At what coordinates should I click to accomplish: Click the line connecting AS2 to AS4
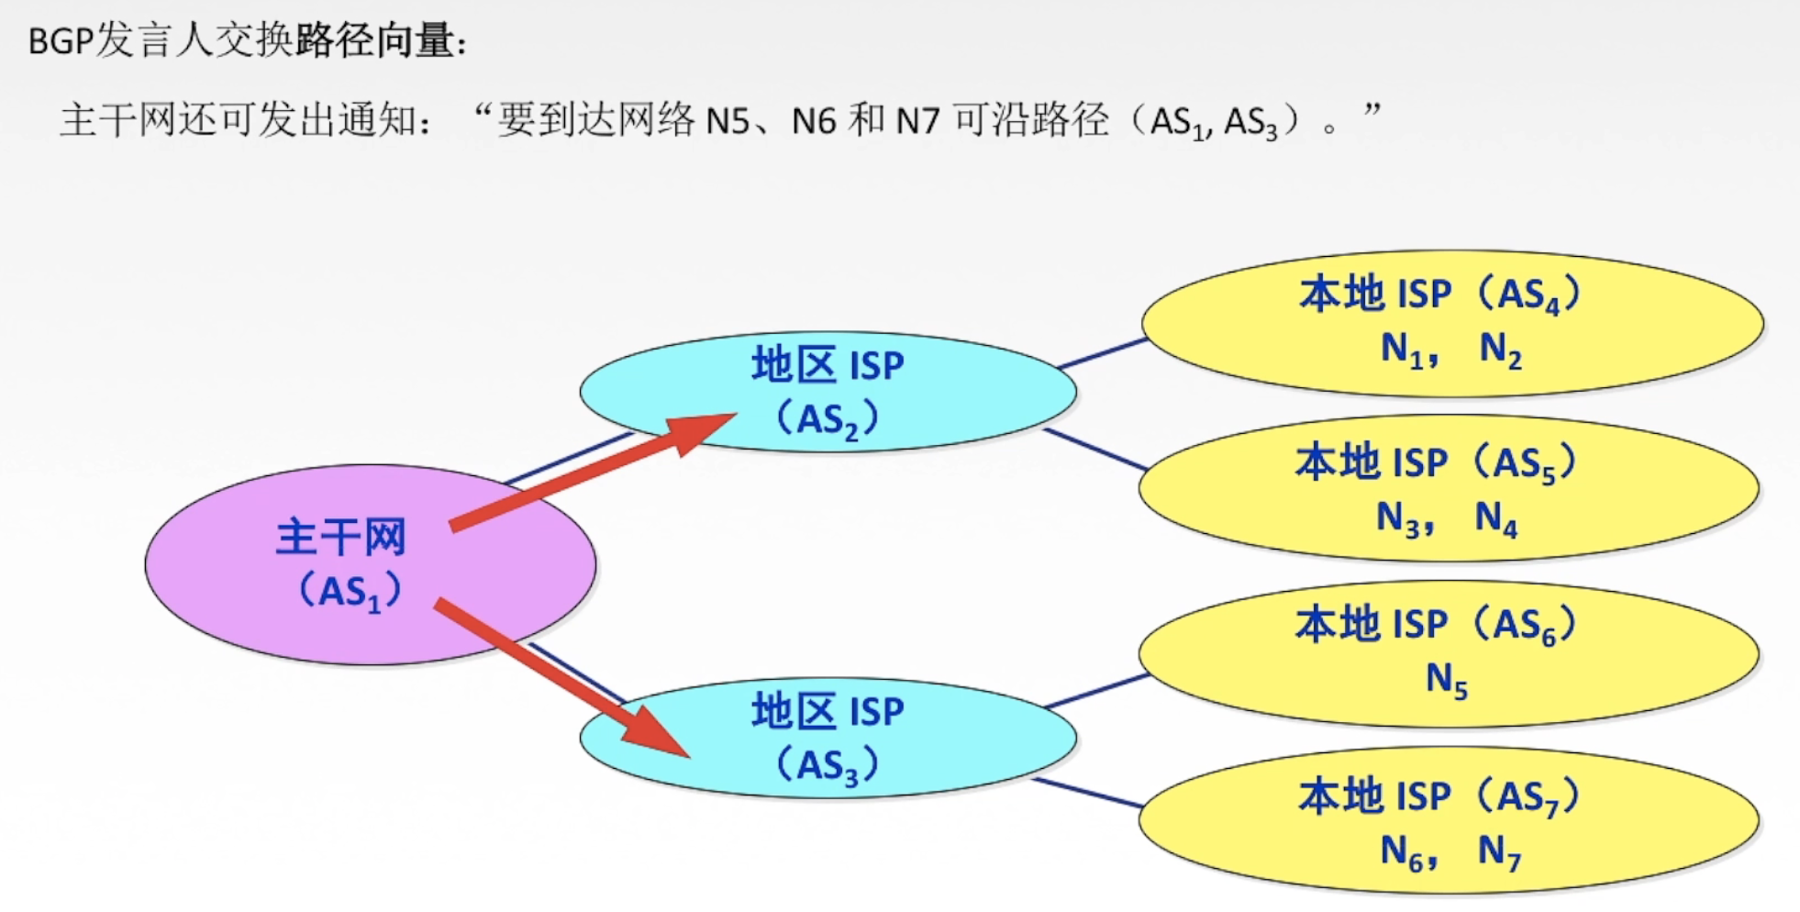1101,353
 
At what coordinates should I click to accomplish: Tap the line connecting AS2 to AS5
1095,450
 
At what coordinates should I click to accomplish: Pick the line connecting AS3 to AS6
1097,691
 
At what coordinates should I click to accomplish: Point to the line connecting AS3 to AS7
1088,794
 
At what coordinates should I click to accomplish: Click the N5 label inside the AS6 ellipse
1446,680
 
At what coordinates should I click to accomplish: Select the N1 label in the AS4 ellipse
1402,350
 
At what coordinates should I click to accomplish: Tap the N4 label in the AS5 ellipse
1495,518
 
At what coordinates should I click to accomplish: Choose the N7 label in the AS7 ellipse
1499,852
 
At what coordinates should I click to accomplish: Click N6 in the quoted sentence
813,121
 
